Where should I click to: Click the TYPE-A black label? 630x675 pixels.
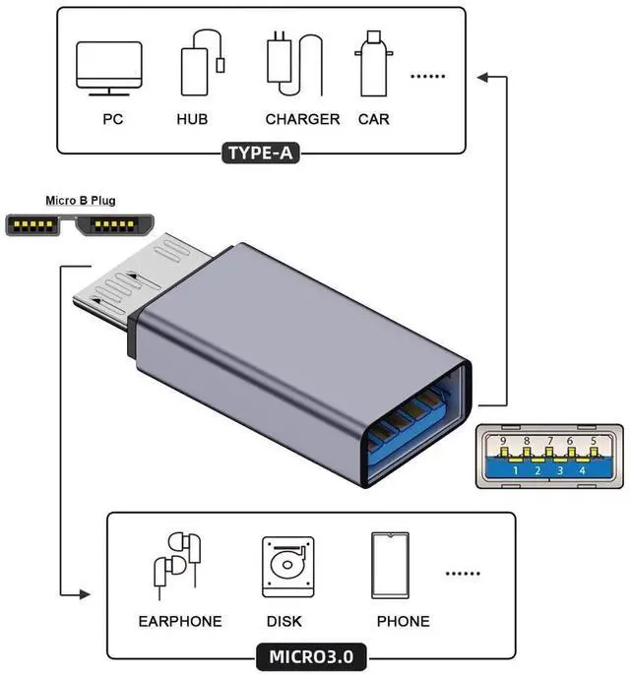pos(262,153)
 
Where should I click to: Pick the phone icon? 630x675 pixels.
pos(391,564)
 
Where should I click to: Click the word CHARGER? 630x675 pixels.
pos(302,119)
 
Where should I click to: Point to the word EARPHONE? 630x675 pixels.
pos(180,621)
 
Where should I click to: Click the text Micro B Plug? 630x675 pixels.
pos(80,201)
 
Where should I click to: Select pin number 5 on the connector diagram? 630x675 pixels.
pos(593,442)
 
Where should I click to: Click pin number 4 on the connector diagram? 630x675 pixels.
pos(583,470)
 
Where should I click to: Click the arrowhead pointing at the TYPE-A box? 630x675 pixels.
pos(479,74)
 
